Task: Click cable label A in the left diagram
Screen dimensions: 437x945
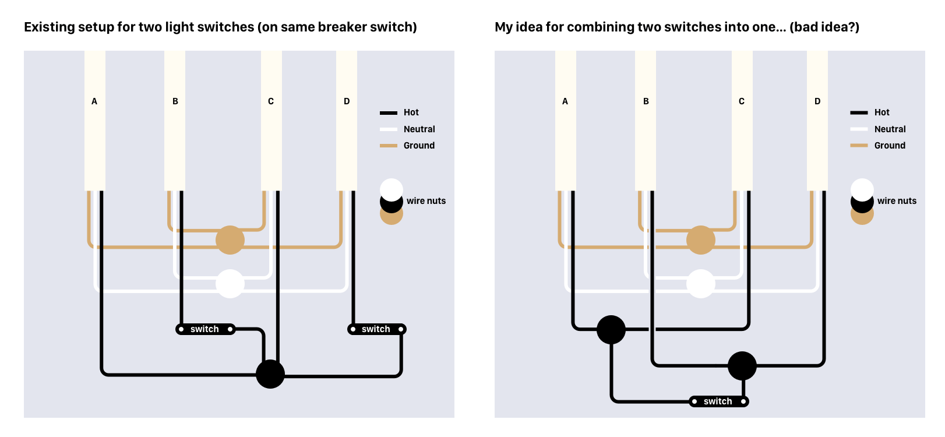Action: (x=94, y=101)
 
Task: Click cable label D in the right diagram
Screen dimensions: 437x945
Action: (x=817, y=101)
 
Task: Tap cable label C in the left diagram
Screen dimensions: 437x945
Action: (x=271, y=101)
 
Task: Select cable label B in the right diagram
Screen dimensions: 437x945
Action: (x=646, y=101)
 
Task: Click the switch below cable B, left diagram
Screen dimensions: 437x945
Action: (x=205, y=329)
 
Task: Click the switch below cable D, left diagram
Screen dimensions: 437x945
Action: (x=376, y=329)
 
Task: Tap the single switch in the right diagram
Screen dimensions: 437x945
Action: (x=718, y=401)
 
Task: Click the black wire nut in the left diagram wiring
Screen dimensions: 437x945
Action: (x=270, y=374)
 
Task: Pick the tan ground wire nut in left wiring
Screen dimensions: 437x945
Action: (x=230, y=240)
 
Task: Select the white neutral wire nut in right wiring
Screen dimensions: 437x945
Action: (x=701, y=284)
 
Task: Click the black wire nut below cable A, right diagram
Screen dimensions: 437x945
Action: (x=611, y=330)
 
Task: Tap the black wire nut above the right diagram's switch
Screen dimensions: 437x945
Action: (x=742, y=366)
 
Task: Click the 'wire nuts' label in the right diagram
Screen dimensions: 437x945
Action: (x=897, y=201)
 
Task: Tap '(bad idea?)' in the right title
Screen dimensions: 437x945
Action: (x=824, y=27)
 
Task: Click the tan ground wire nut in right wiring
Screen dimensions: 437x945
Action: (x=701, y=240)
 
